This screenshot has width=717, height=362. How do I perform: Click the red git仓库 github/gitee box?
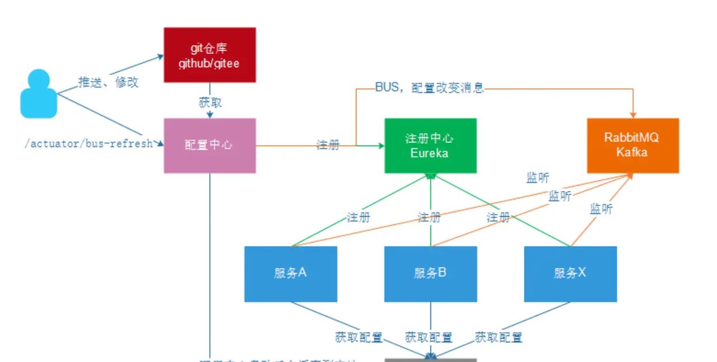click(x=209, y=55)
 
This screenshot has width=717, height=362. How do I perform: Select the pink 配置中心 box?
click(x=209, y=145)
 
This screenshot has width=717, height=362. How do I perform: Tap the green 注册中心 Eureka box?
click(x=430, y=145)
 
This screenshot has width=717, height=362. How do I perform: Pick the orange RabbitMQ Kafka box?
click(x=633, y=145)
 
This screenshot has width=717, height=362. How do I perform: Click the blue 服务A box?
click(x=290, y=274)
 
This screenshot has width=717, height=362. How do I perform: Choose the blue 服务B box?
click(x=430, y=274)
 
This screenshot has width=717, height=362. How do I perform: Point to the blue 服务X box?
click(x=570, y=274)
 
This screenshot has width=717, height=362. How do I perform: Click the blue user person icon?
click(x=39, y=93)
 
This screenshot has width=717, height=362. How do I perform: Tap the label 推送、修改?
click(x=108, y=83)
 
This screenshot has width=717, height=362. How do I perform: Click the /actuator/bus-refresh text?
click(x=89, y=143)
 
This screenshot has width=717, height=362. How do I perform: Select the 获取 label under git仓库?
click(x=210, y=102)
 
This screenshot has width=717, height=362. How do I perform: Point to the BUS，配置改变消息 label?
click(x=429, y=88)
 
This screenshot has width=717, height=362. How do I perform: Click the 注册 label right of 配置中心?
click(x=328, y=145)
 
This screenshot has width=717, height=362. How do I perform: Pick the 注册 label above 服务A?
click(x=358, y=217)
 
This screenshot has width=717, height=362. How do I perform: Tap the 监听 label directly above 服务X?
click(x=601, y=209)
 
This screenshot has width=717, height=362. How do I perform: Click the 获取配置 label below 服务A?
click(x=358, y=337)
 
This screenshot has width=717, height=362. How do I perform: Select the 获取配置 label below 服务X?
click(x=499, y=337)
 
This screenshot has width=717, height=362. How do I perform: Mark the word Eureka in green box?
click(x=430, y=153)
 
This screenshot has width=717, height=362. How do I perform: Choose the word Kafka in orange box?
click(x=632, y=153)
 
